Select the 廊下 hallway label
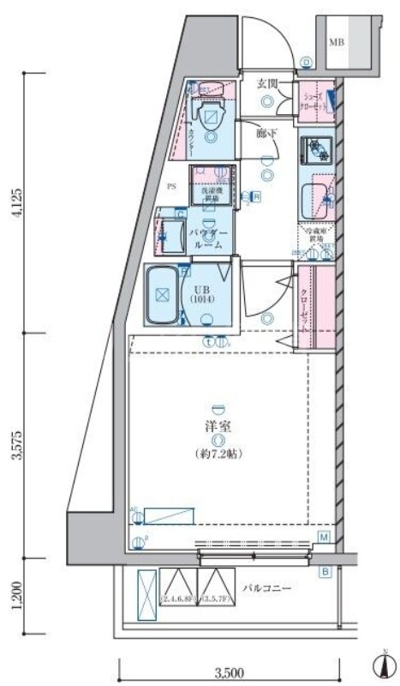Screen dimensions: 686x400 [267, 133]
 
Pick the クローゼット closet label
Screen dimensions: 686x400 [306, 301]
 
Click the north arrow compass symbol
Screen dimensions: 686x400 [379, 663]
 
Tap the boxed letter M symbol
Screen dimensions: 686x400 [325, 537]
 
